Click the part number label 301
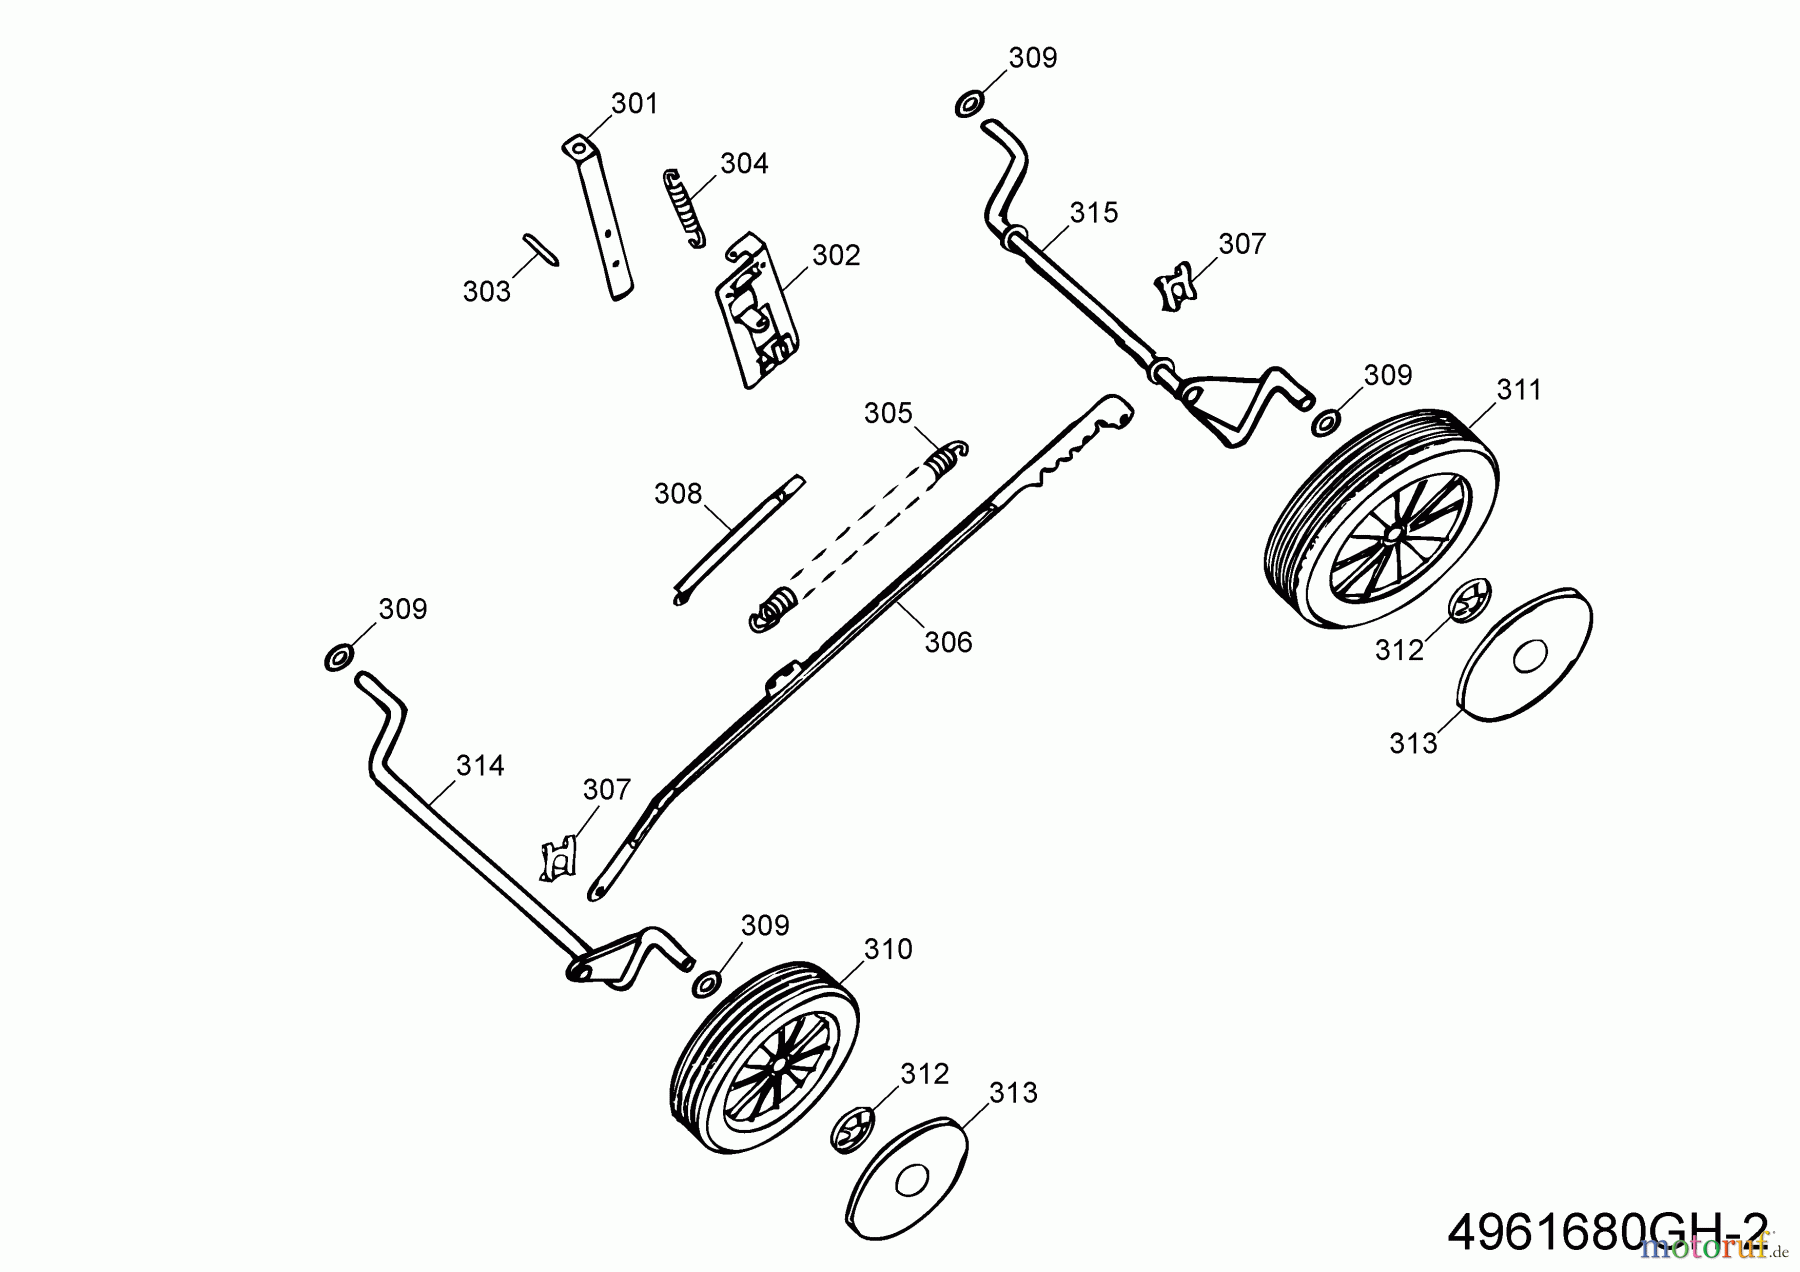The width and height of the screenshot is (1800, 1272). pos(634,104)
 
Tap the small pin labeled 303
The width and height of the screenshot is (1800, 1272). pos(541,250)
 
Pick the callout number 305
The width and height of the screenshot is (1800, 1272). pos(888,413)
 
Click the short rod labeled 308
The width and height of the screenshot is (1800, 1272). pos(738,540)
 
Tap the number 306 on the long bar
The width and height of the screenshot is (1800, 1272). pos(948,642)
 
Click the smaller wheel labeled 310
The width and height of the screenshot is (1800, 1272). pos(765,1059)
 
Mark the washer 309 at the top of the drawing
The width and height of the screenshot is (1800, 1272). pos(969,103)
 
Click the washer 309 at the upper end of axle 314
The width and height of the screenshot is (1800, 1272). pos(338,658)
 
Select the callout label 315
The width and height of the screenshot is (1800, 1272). pos(1093,213)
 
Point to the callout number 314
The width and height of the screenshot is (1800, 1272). pos(480,766)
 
